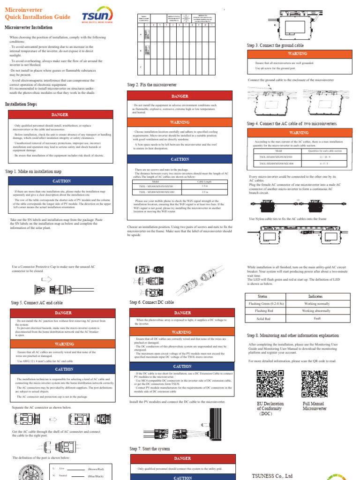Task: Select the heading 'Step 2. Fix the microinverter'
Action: pyautogui.click(x=152, y=84)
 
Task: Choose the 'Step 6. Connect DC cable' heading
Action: pyautogui.click(x=151, y=303)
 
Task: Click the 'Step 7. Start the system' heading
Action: pyautogui.click(x=150, y=449)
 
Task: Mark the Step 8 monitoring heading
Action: pyautogui.click(x=292, y=336)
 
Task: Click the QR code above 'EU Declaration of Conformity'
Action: pyautogui.click(x=270, y=384)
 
